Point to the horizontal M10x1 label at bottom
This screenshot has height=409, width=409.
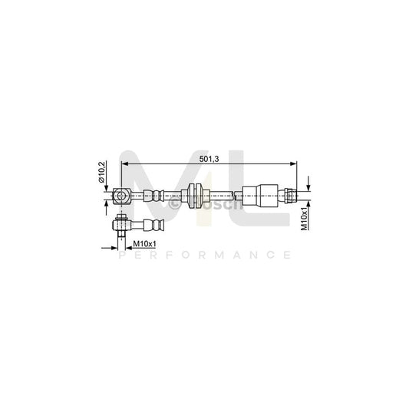pyautogui.click(x=144, y=244)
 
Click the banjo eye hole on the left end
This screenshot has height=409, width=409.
pyautogui.click(x=121, y=196)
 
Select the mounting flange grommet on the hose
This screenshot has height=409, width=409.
pyautogui.click(x=195, y=196)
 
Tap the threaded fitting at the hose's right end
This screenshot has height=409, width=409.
pyautogui.click(x=291, y=196)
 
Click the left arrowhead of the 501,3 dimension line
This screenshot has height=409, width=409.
pyautogui.click(x=125, y=163)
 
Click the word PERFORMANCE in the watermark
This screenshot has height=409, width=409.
pyautogui.click(x=204, y=255)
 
